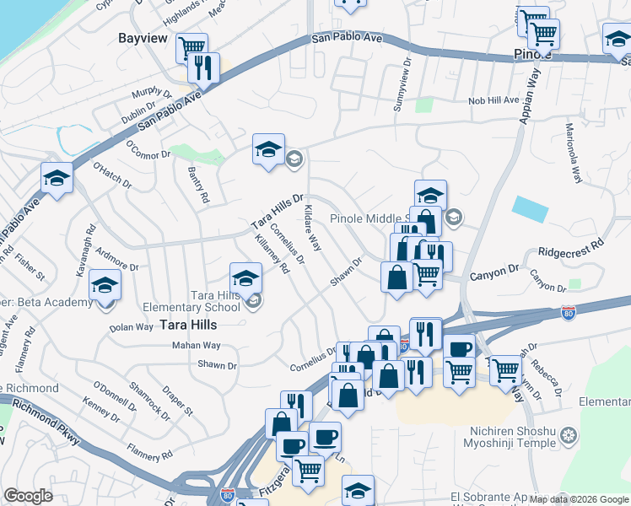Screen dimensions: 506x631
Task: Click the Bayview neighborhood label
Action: [x=141, y=38]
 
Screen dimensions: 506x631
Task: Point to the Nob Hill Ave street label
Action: [x=494, y=100]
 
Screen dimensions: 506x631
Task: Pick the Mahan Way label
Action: [x=196, y=346]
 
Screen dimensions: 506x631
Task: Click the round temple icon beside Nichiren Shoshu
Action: [x=569, y=436]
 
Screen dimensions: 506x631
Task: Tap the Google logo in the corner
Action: [x=28, y=496]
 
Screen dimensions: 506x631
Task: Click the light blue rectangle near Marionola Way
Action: [x=529, y=207]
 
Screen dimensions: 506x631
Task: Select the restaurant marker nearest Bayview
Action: [x=203, y=67]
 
